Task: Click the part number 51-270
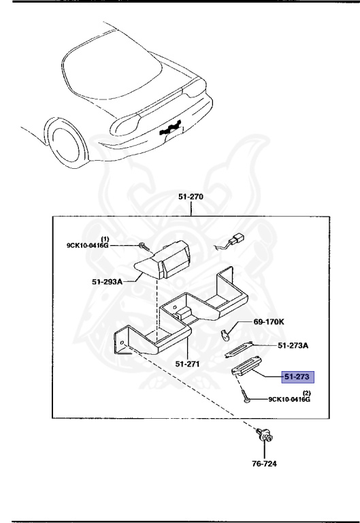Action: pos(191,197)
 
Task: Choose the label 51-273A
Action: pos(293,345)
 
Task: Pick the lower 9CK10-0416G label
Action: pos(289,400)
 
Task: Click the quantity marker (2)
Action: pos(306,393)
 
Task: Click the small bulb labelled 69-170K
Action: pos(227,333)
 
